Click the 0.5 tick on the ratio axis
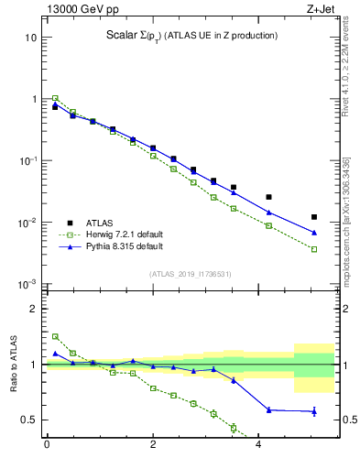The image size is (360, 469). point(28,420)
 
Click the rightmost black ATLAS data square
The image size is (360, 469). point(314,217)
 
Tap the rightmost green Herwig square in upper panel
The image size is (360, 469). point(314,249)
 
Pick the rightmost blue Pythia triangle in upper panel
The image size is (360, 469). point(314,232)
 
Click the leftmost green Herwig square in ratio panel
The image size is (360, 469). point(55,336)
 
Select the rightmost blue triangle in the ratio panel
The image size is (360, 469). point(314,411)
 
